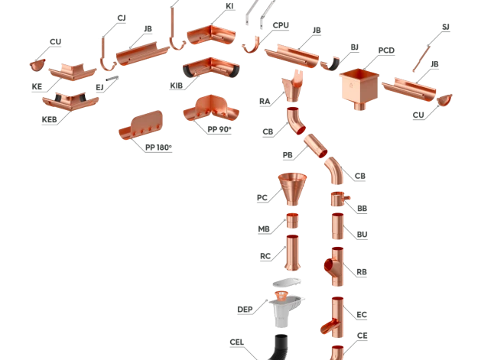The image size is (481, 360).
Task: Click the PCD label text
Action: click(x=386, y=50)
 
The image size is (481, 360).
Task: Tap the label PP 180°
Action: click(x=158, y=148)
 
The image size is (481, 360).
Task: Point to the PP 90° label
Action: click(x=219, y=129)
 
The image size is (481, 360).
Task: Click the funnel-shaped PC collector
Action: click(x=292, y=189)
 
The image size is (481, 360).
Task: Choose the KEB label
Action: click(x=50, y=119)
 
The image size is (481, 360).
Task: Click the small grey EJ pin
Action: click(x=112, y=79)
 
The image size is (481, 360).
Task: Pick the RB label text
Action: click(x=362, y=272)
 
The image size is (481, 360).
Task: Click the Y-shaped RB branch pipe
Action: click(x=334, y=267)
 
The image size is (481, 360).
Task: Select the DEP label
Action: click(x=245, y=310)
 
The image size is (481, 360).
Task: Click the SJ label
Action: click(x=446, y=27)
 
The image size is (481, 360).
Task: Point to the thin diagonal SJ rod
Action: click(x=421, y=58)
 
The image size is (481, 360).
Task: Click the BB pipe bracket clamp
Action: click(x=339, y=199)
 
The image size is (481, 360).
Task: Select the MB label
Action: click(x=264, y=229)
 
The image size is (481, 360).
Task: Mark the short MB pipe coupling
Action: click(x=292, y=221)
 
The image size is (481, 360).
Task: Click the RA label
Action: click(x=265, y=102)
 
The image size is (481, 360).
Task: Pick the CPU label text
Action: click(x=281, y=25)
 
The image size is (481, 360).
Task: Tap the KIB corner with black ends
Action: click(x=211, y=68)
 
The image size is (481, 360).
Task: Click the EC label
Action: click(x=362, y=315)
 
